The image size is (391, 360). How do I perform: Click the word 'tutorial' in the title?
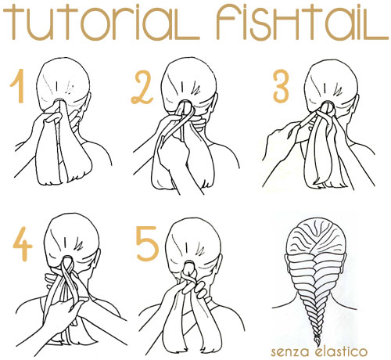[101, 23]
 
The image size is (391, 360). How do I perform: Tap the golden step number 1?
[18, 86]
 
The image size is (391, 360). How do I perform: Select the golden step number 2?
[142, 88]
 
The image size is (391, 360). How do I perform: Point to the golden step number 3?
[281, 86]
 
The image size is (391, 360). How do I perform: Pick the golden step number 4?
[23, 244]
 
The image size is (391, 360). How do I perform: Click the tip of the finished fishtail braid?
[317, 345]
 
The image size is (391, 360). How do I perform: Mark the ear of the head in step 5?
[221, 264]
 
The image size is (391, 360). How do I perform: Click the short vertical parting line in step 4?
[64, 242]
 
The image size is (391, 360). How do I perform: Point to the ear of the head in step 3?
[356, 104]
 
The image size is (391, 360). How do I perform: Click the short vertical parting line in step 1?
[57, 85]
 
